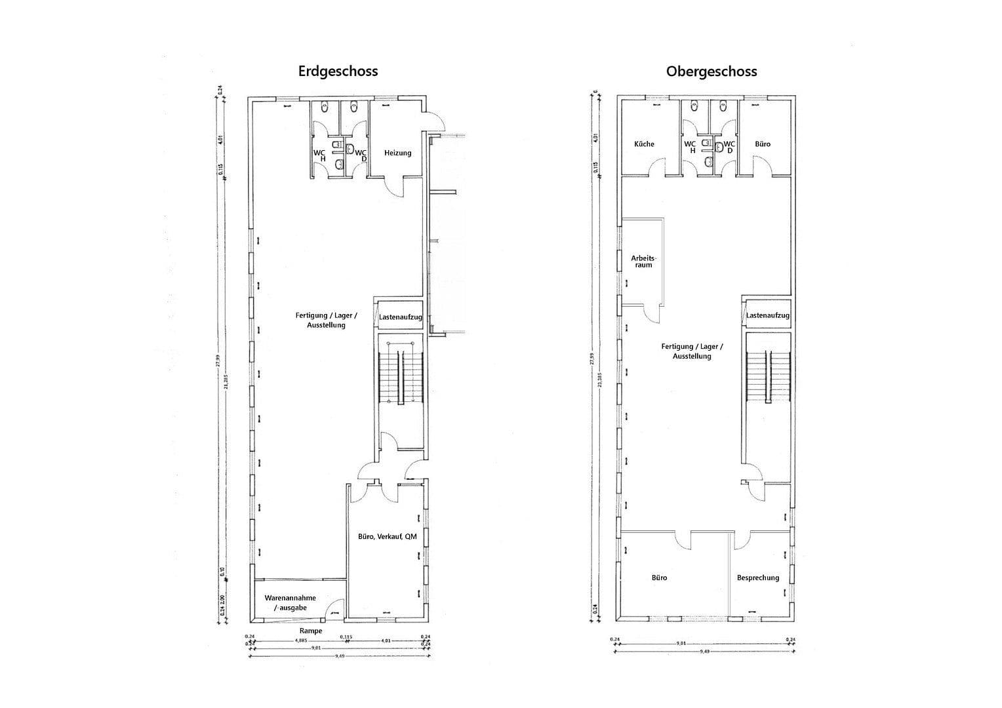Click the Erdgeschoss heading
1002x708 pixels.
338,71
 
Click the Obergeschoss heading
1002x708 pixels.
711,71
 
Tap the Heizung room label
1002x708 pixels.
397,153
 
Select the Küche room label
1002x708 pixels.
643,144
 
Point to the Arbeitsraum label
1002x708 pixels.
643,261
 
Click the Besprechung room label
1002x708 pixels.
757,578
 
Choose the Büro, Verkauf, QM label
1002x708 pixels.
387,536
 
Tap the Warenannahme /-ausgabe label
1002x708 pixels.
290,602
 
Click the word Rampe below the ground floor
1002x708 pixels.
311,631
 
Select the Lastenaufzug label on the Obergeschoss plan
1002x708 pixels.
767,315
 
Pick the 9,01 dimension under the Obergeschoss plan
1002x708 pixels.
681,644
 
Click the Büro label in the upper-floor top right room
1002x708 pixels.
763,144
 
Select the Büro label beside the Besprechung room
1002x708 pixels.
659,578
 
